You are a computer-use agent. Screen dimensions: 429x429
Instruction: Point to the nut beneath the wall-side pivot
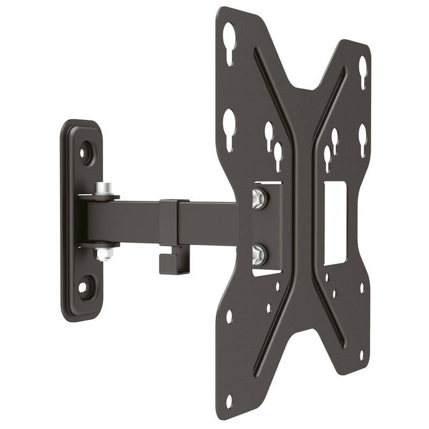point(104,254)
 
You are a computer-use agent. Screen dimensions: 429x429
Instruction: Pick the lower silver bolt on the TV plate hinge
point(259,254)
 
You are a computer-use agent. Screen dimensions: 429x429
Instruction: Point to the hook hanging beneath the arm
point(173,262)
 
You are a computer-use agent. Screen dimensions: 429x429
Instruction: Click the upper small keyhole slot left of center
point(269,135)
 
